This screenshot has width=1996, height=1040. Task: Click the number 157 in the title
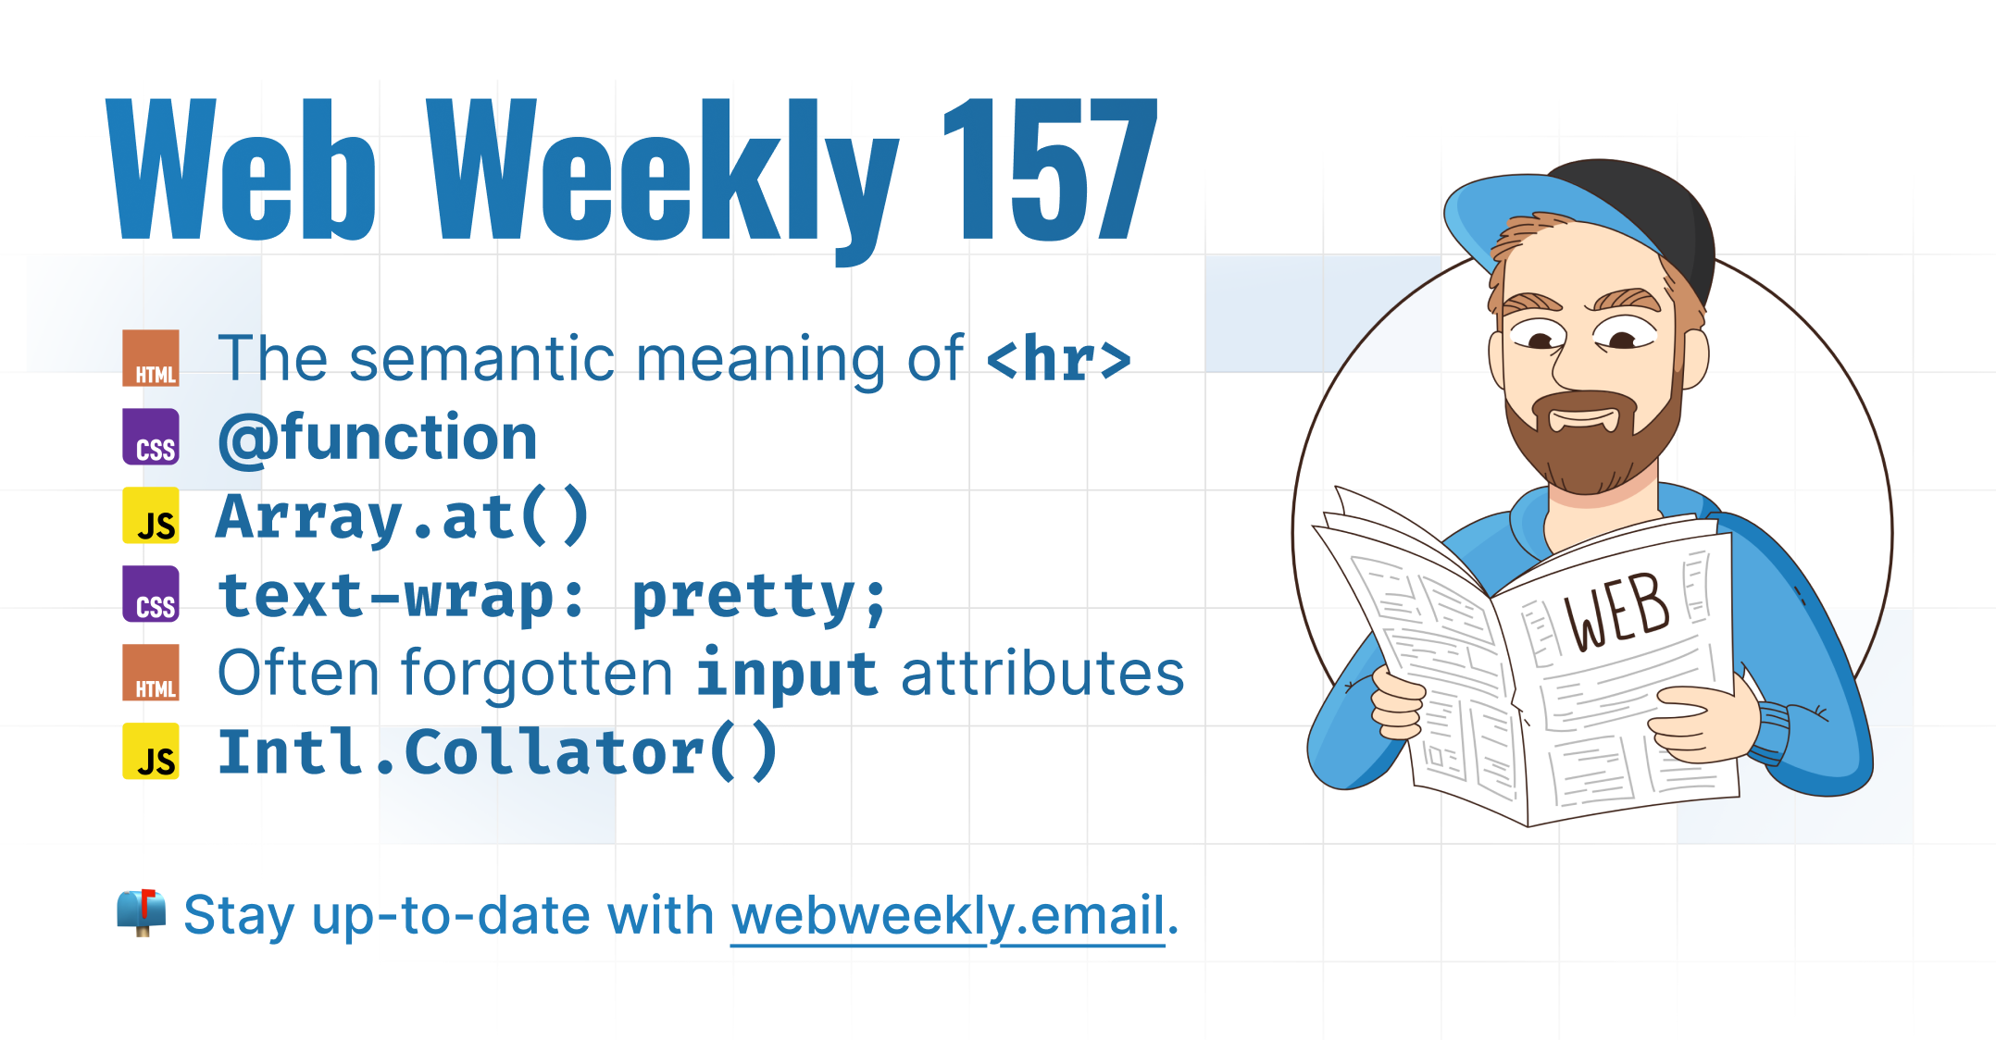tap(1051, 168)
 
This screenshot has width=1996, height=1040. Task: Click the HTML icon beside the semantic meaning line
tap(151, 358)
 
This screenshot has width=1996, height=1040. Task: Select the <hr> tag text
tap(1059, 359)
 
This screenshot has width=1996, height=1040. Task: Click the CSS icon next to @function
tap(151, 437)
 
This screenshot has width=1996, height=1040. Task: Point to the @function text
tap(378, 439)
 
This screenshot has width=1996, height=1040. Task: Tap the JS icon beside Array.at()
tap(151, 515)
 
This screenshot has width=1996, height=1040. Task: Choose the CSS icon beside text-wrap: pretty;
tap(151, 594)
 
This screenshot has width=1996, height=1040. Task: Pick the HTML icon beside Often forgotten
tap(151, 673)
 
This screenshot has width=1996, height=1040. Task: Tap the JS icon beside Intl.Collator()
tap(151, 751)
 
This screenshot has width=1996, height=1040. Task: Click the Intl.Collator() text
tap(497, 752)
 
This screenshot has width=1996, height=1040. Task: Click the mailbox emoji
tap(142, 913)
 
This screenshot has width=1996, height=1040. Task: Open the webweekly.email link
tap(948, 916)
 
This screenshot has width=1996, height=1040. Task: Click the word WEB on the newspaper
tap(1616, 612)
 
